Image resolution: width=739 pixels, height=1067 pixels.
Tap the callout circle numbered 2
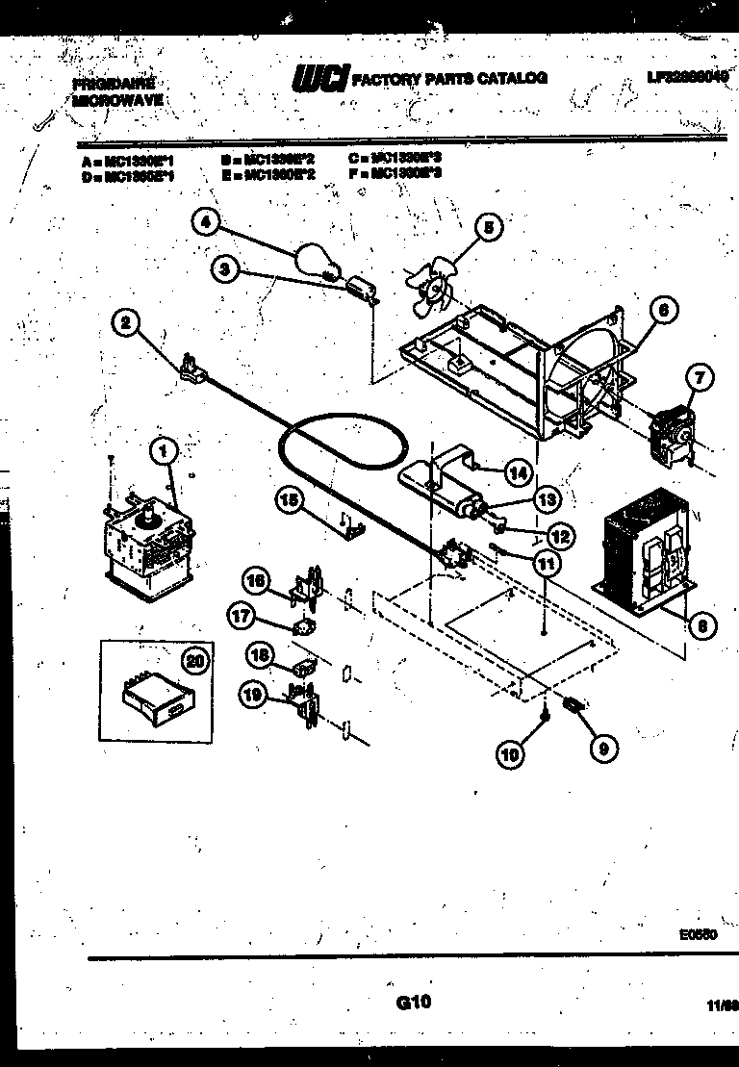click(125, 323)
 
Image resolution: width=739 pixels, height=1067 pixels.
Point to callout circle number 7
click(700, 378)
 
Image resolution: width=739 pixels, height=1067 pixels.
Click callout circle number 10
click(512, 754)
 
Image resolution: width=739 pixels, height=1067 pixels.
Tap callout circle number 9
click(604, 749)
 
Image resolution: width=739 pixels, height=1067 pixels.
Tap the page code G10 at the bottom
click(413, 1003)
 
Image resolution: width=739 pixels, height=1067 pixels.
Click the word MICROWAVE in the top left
click(116, 99)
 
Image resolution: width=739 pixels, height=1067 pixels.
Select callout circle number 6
click(663, 311)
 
